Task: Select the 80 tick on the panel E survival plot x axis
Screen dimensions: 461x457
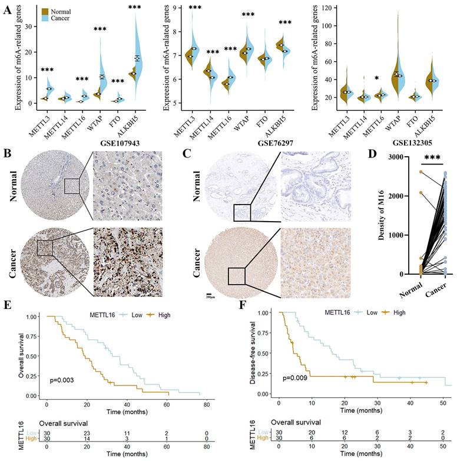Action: [200, 406]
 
